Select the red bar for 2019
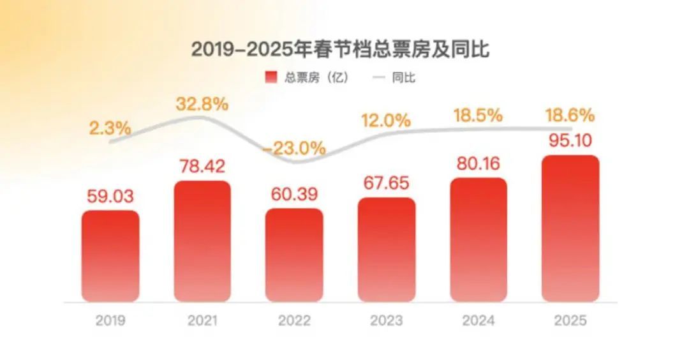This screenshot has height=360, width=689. point(110,255)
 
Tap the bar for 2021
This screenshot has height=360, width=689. point(202,241)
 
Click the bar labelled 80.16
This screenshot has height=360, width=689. point(478,239)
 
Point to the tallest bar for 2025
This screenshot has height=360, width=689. point(570,228)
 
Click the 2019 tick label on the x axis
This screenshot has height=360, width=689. point(111,320)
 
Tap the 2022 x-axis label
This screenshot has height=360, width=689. point(295,320)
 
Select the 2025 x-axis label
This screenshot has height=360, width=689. point(570,320)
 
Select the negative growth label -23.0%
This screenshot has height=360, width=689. point(295,148)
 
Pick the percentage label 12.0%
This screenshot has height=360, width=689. point(386,119)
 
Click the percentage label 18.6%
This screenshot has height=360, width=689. point(570,116)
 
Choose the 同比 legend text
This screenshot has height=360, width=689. point(403,78)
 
